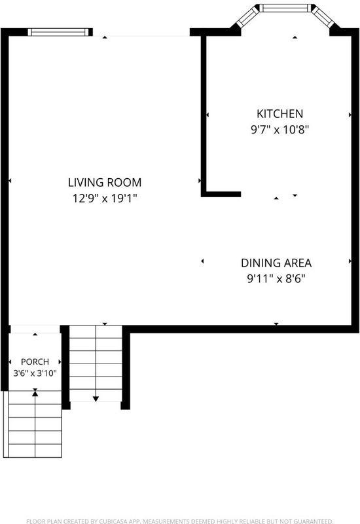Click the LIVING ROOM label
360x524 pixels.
105,183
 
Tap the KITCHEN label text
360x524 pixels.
280,113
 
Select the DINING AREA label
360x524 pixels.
276,263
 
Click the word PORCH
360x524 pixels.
35,362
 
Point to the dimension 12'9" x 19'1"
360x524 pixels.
105,198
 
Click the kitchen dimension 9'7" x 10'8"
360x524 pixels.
280,129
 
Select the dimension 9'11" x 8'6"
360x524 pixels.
276,278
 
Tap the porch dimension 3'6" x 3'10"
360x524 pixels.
35,373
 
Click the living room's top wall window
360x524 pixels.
60,32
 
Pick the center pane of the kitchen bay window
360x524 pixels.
285,8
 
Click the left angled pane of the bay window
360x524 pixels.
247,18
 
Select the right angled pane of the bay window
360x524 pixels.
323,18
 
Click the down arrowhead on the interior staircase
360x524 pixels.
96,399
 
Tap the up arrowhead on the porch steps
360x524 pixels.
35,394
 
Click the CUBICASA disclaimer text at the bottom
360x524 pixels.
179,521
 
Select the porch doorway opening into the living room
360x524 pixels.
35,329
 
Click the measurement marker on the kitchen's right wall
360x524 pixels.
350,115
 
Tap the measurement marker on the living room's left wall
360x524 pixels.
10,181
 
